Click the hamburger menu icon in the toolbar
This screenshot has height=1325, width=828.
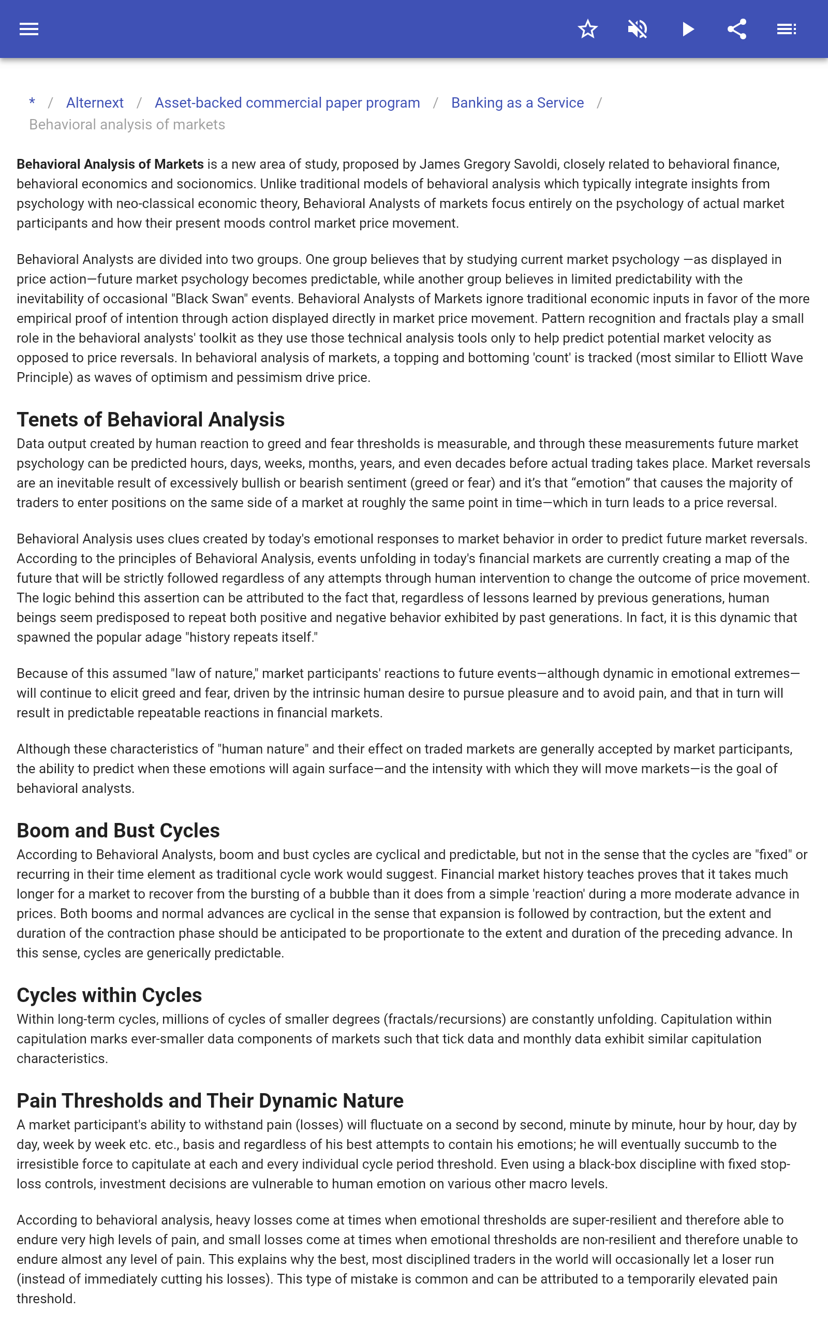pyautogui.click(x=29, y=29)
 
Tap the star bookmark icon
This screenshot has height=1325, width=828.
pyautogui.click(x=587, y=29)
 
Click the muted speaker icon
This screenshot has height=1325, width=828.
pyautogui.click(x=638, y=29)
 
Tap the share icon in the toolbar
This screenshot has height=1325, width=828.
pyautogui.click(x=737, y=29)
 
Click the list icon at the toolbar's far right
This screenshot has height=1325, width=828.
pyautogui.click(x=787, y=29)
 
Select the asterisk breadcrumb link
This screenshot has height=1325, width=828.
pyautogui.click(x=32, y=102)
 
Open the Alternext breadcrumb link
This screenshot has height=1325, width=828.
pyautogui.click(x=95, y=103)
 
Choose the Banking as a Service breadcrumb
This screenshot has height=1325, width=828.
pyautogui.click(x=517, y=103)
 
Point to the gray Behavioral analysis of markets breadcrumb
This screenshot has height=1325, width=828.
pyautogui.click(x=127, y=125)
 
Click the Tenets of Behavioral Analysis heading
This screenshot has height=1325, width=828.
pyautogui.click(x=151, y=419)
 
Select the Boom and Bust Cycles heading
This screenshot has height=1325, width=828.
pyautogui.click(x=119, y=831)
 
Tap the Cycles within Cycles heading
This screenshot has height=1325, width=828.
pyautogui.click(x=109, y=995)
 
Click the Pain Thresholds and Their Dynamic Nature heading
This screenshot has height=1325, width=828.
pyautogui.click(x=210, y=1100)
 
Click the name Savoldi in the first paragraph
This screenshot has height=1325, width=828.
pyautogui.click(x=536, y=164)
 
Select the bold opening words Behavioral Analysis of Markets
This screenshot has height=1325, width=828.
pyautogui.click(x=110, y=164)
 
